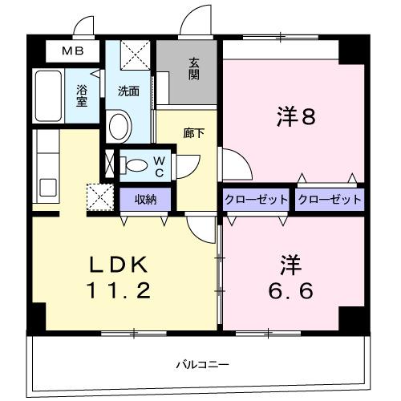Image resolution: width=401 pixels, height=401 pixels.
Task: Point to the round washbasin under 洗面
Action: click(119, 126)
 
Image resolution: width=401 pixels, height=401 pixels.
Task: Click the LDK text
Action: click(119, 265)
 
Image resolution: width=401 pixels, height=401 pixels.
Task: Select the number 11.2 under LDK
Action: click(119, 291)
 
